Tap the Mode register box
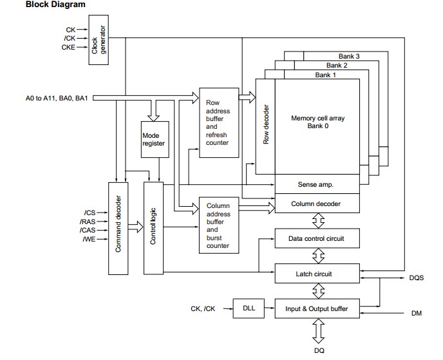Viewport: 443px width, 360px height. coord(154,140)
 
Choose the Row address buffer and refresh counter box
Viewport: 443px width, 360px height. coord(219,122)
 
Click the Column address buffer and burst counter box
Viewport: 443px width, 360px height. coord(219,225)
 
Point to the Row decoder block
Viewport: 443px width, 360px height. coord(265,126)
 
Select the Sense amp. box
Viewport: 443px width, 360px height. coord(316,184)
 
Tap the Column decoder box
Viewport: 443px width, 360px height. coord(316,204)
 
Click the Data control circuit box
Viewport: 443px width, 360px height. coord(316,238)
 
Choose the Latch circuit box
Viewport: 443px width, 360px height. coord(316,274)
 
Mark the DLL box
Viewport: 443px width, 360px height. coord(249,308)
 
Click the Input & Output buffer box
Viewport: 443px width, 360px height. coord(316,308)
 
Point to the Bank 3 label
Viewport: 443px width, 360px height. coord(349,57)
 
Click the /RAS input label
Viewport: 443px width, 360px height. coord(88,221)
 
